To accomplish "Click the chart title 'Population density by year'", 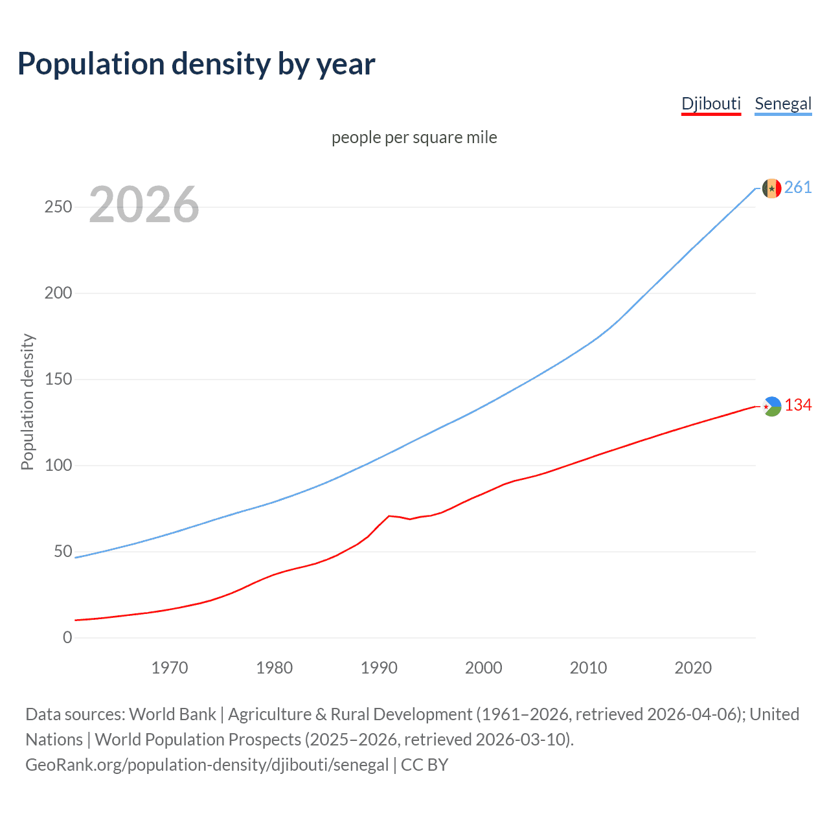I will [196, 64].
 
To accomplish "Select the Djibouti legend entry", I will [710, 104].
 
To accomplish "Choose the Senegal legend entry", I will [783, 104].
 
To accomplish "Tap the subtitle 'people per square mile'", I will [414, 137].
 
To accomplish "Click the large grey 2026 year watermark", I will [144, 205].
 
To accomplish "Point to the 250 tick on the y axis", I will [58, 207].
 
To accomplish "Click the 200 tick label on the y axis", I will [58, 293].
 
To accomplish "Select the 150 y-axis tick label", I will [58, 379].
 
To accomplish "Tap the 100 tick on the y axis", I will [58, 465].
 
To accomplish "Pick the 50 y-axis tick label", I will [63, 551].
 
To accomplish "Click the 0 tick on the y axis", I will [67, 637].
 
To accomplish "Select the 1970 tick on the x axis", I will [170, 668].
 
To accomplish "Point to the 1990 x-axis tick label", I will [379, 668].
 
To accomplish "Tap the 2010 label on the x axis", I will [588, 668].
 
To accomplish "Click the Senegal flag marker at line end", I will [771, 188].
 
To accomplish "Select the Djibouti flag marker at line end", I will [771, 406].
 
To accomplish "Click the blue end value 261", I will [798, 188].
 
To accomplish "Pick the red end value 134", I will [798, 405].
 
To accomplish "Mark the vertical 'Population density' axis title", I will [27, 402].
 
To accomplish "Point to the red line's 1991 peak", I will [389, 516].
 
